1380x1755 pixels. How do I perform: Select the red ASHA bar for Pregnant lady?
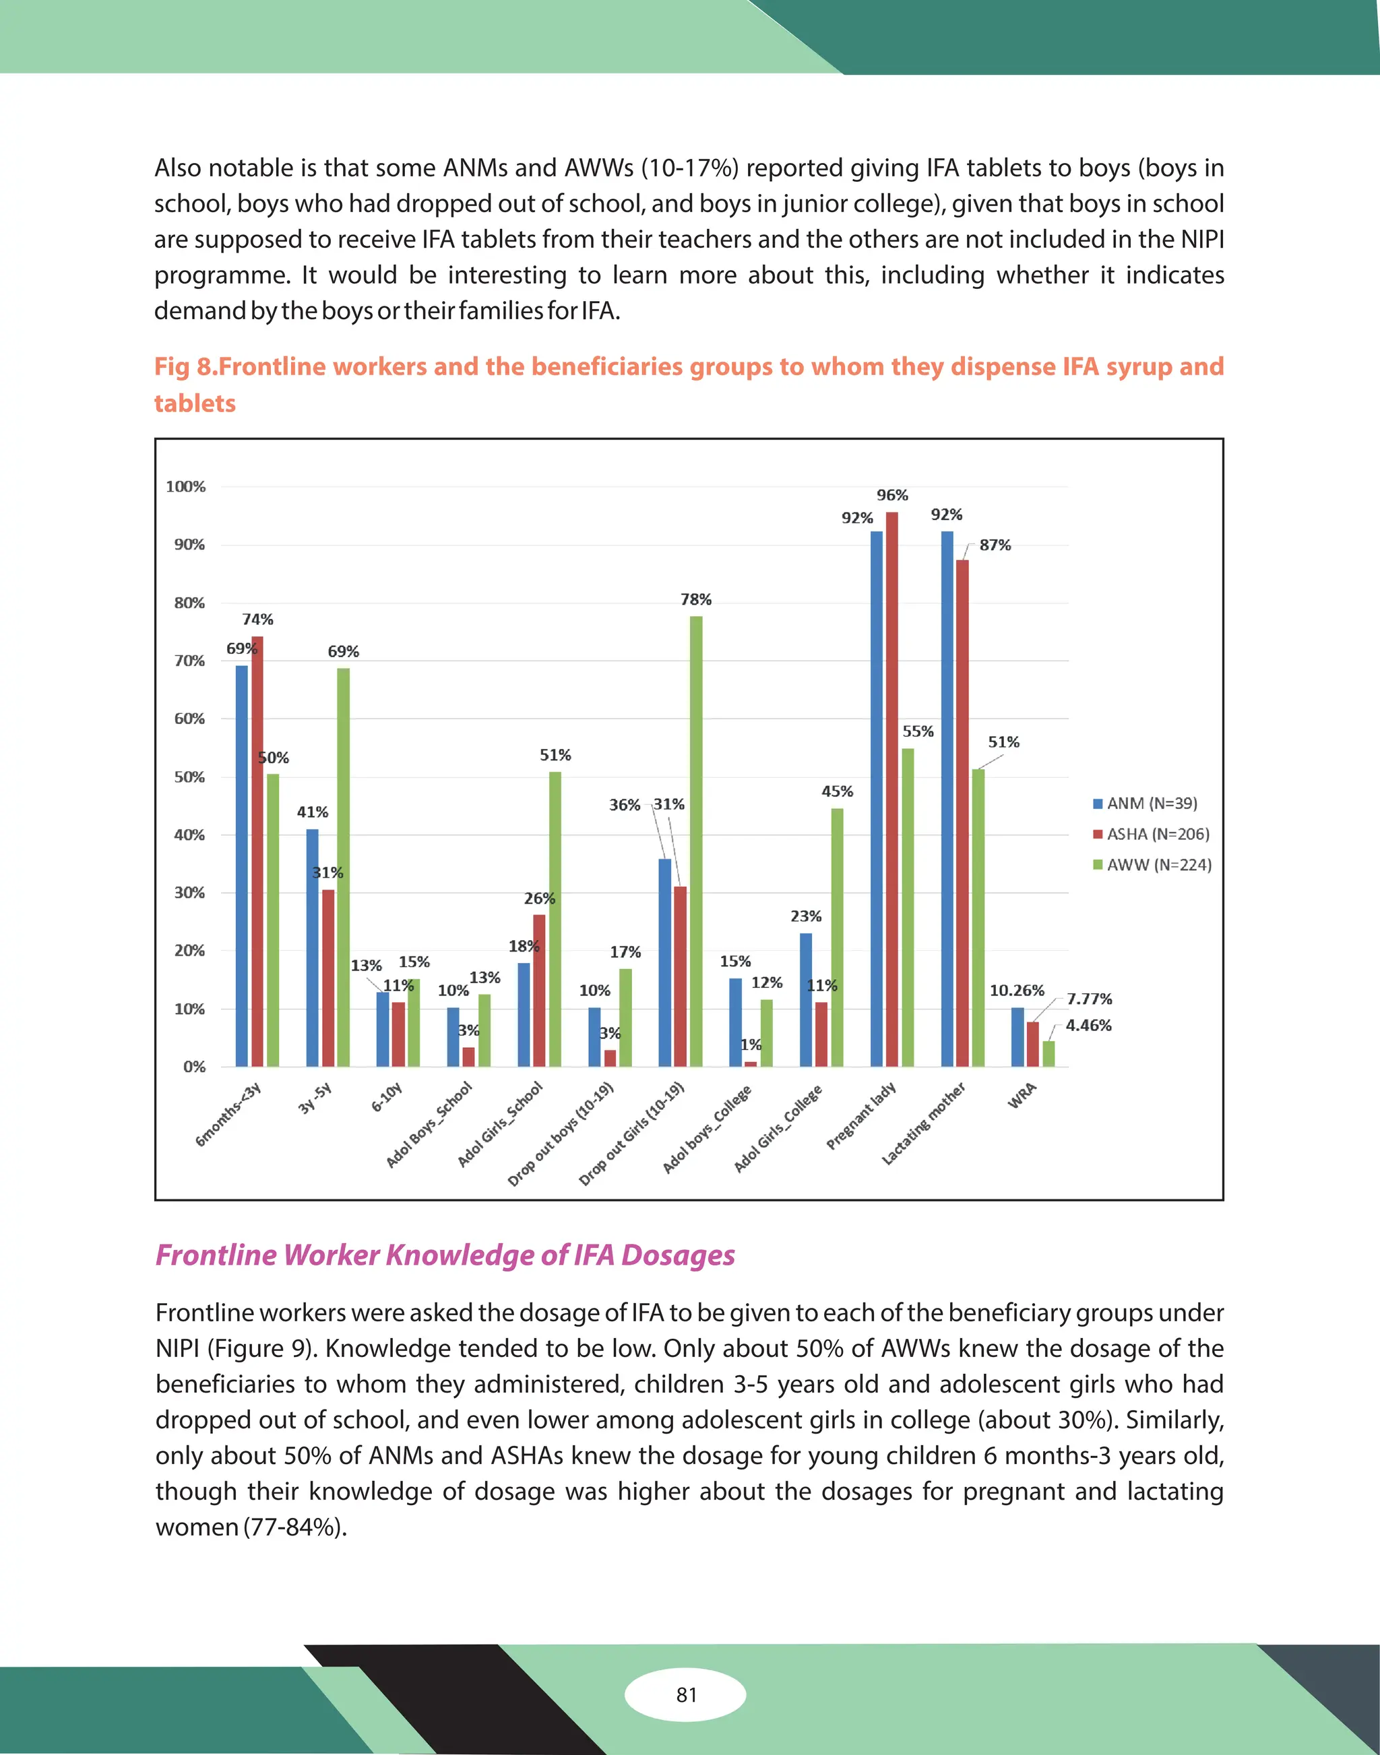point(892,789)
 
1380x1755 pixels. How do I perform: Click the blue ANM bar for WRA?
point(1017,1037)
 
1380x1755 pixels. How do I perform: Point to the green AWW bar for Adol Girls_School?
point(555,919)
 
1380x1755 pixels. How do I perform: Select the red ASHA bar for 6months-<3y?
point(257,851)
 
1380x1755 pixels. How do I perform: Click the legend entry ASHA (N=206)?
point(1152,834)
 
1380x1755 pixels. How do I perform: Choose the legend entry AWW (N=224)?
point(1152,865)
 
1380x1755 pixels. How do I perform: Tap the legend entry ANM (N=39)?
point(1145,803)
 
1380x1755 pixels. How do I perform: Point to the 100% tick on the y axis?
point(186,486)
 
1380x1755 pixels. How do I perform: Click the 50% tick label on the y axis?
point(190,777)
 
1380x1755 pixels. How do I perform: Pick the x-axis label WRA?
point(1022,1096)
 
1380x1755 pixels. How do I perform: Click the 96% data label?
point(892,495)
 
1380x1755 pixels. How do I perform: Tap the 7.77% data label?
point(1089,999)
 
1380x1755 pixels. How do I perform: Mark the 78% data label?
point(695,599)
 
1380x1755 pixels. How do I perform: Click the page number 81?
point(686,1694)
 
